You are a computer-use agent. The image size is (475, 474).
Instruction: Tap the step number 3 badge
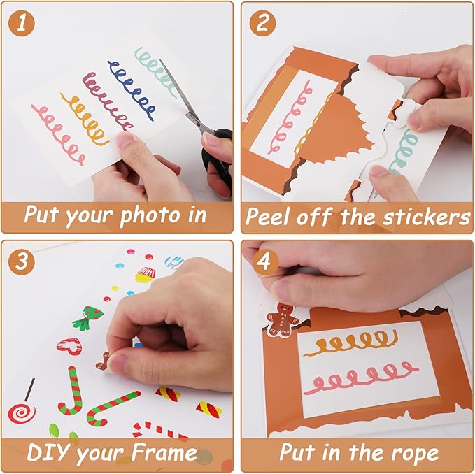(x=25, y=261)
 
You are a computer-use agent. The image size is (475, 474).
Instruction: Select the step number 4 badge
(x=263, y=261)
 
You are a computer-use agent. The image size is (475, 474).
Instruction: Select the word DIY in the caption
(x=47, y=452)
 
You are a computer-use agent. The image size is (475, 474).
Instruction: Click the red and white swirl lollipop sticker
(x=22, y=412)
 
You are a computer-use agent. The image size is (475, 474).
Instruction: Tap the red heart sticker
(x=69, y=346)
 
